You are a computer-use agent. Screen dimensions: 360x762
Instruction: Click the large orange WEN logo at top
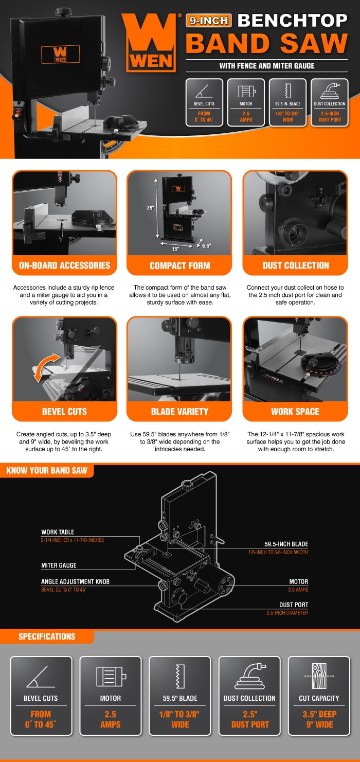tap(151, 43)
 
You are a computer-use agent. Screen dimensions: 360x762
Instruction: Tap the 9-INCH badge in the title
tap(209, 21)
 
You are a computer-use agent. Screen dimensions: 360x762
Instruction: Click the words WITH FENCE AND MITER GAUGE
tap(267, 66)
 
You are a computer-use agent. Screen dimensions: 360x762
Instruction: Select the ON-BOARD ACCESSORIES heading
tap(65, 265)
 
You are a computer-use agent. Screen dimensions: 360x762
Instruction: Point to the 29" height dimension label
tap(150, 207)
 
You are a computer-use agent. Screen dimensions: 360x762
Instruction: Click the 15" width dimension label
tap(175, 249)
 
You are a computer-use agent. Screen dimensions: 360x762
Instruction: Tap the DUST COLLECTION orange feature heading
tap(296, 265)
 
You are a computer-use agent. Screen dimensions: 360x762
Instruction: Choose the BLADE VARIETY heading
tap(180, 412)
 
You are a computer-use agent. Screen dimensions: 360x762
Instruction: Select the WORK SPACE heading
tap(295, 412)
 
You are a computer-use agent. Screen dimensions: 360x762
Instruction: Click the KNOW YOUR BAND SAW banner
tap(47, 470)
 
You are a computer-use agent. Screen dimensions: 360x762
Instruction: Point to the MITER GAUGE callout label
tap(59, 565)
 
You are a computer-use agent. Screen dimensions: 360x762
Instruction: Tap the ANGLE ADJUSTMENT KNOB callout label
tap(76, 582)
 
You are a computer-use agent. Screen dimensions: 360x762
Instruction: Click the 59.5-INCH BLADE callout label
tap(286, 544)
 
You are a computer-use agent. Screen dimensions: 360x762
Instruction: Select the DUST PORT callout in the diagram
tap(294, 605)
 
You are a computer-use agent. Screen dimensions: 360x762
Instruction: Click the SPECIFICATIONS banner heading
tap(47, 636)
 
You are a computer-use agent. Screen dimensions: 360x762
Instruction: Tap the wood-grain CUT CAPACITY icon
tap(319, 676)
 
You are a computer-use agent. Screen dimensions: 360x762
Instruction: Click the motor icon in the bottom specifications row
tap(111, 676)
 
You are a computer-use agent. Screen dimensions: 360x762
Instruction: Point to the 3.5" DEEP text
tap(319, 714)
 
